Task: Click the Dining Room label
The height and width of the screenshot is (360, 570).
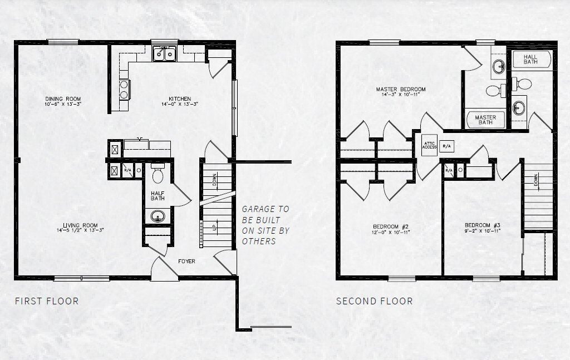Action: click(x=63, y=99)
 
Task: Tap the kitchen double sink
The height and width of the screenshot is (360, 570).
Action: click(x=164, y=54)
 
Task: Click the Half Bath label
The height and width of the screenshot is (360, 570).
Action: click(x=157, y=195)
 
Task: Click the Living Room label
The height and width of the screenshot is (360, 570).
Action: click(x=82, y=225)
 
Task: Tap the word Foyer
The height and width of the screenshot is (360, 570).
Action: click(x=186, y=261)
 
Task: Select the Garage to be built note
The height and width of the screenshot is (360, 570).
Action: click(x=266, y=225)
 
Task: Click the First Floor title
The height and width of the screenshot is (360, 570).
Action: click(x=46, y=301)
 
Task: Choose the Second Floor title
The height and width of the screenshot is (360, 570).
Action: click(x=374, y=301)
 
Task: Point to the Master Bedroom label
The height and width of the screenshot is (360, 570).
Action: click(x=400, y=89)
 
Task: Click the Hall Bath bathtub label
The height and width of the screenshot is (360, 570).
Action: click(x=530, y=59)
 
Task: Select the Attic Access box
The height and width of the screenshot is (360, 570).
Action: click(x=429, y=146)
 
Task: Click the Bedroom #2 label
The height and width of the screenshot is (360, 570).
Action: click(x=391, y=226)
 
